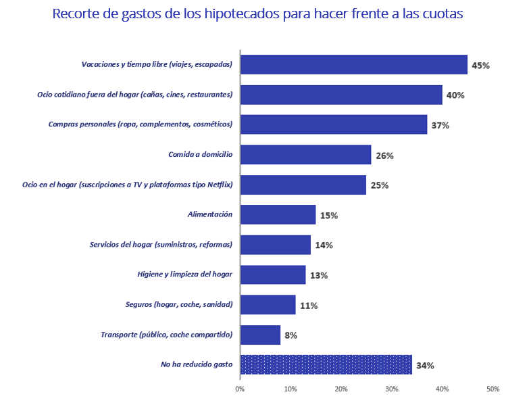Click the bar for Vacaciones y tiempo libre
click(x=353, y=65)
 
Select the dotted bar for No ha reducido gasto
click(x=326, y=365)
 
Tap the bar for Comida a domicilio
click(x=305, y=155)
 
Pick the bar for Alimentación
click(x=278, y=215)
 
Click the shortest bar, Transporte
click(x=260, y=335)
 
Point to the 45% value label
click(x=480, y=66)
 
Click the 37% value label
click(x=440, y=126)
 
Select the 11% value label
click(x=309, y=306)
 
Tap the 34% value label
click(x=425, y=366)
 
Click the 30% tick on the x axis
click(x=392, y=389)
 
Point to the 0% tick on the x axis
click(x=240, y=389)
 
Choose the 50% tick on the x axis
click(x=493, y=389)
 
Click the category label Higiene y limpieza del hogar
click(x=184, y=275)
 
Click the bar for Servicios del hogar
click(x=275, y=245)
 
